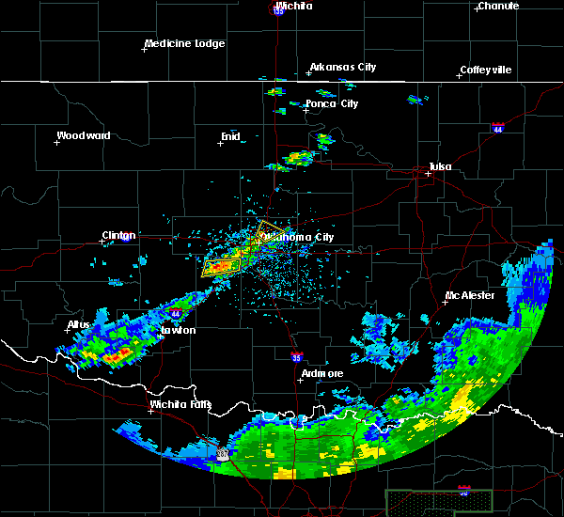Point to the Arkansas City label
343,67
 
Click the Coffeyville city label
485,70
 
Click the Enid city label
230,136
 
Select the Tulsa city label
440,166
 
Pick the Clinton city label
118,235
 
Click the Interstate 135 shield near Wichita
278,8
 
